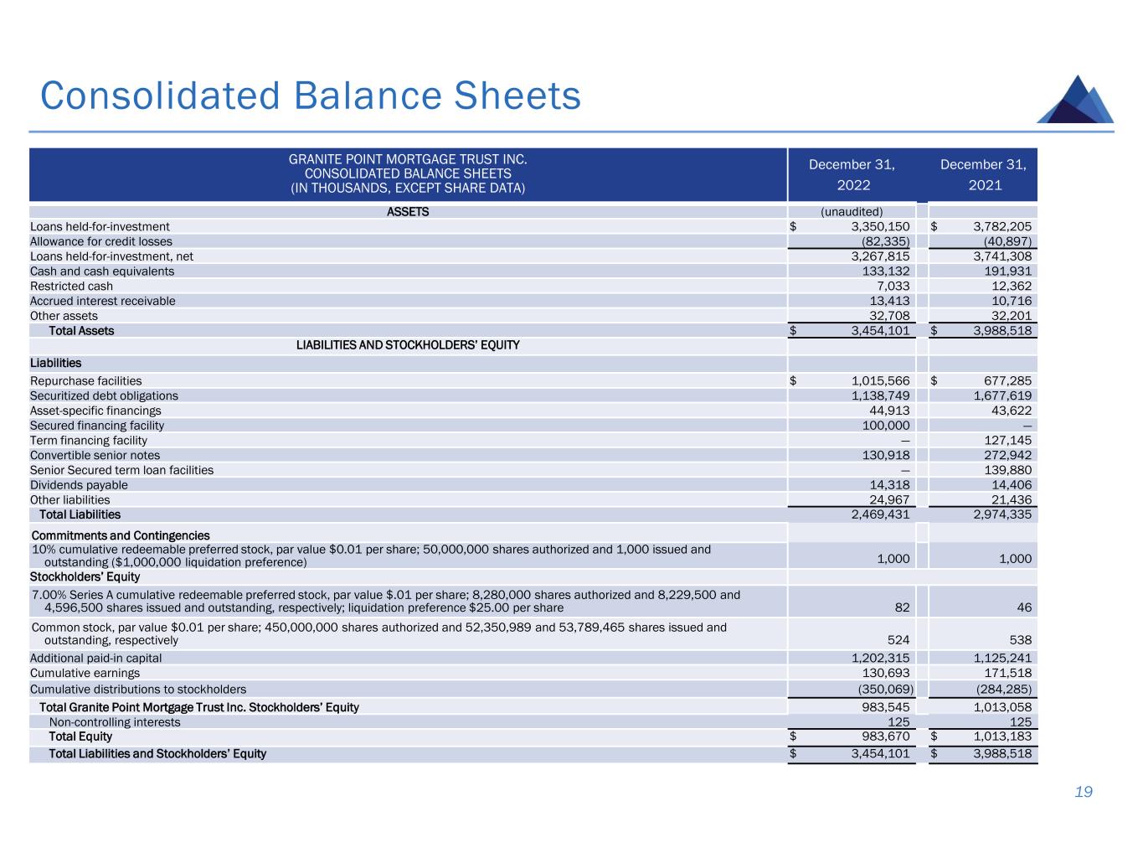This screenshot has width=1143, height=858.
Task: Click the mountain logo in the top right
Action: click(x=1075, y=101)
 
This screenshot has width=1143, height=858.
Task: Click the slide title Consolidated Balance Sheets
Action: click(x=311, y=96)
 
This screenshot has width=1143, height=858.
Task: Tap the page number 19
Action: click(x=1084, y=792)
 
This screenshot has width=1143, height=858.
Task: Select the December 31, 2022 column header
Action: click(x=852, y=174)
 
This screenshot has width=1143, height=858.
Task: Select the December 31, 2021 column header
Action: click(x=983, y=174)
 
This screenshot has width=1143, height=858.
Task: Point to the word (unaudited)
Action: click(x=852, y=211)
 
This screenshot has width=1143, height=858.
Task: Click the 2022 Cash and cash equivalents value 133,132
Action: click(x=886, y=271)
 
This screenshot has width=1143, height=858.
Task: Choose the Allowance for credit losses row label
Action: click(x=101, y=241)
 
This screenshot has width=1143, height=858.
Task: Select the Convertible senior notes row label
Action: click(x=95, y=456)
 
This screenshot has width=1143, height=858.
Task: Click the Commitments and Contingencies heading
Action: click(x=121, y=535)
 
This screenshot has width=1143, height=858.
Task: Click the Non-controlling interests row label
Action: click(x=115, y=722)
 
